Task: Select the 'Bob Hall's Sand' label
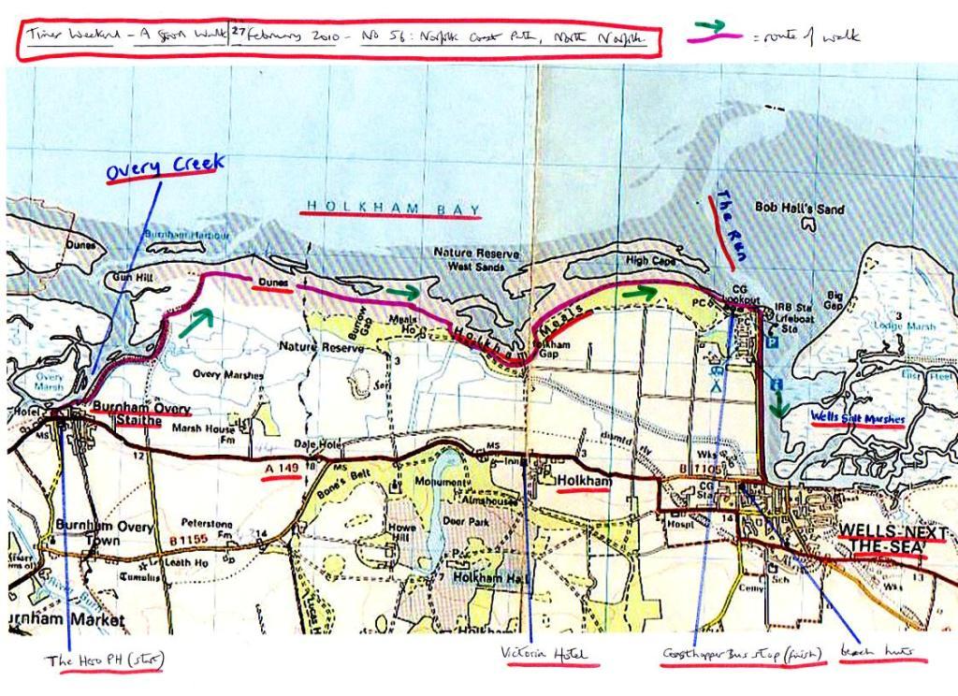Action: click(x=799, y=208)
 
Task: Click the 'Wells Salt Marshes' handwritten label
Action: click(x=858, y=418)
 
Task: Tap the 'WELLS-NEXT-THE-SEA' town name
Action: click(x=893, y=539)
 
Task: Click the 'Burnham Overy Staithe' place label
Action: click(x=140, y=415)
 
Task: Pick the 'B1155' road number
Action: click(x=188, y=540)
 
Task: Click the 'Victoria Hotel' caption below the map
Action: click(x=549, y=653)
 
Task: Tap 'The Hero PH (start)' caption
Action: click(x=104, y=660)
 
